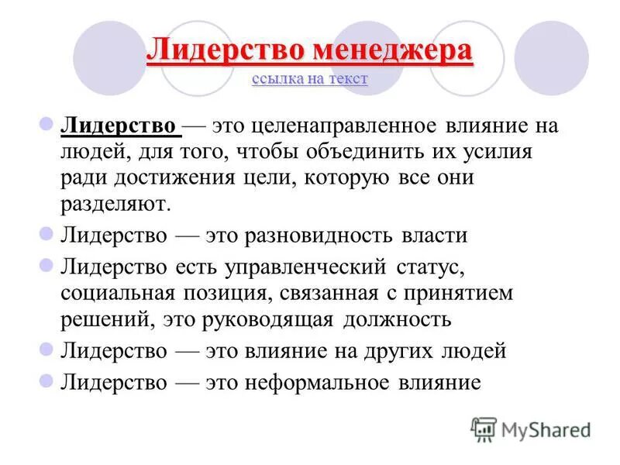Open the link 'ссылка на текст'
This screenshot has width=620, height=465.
(309, 79)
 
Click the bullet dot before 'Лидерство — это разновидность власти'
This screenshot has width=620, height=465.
(46, 233)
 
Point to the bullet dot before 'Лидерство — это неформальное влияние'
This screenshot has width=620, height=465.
(46, 380)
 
